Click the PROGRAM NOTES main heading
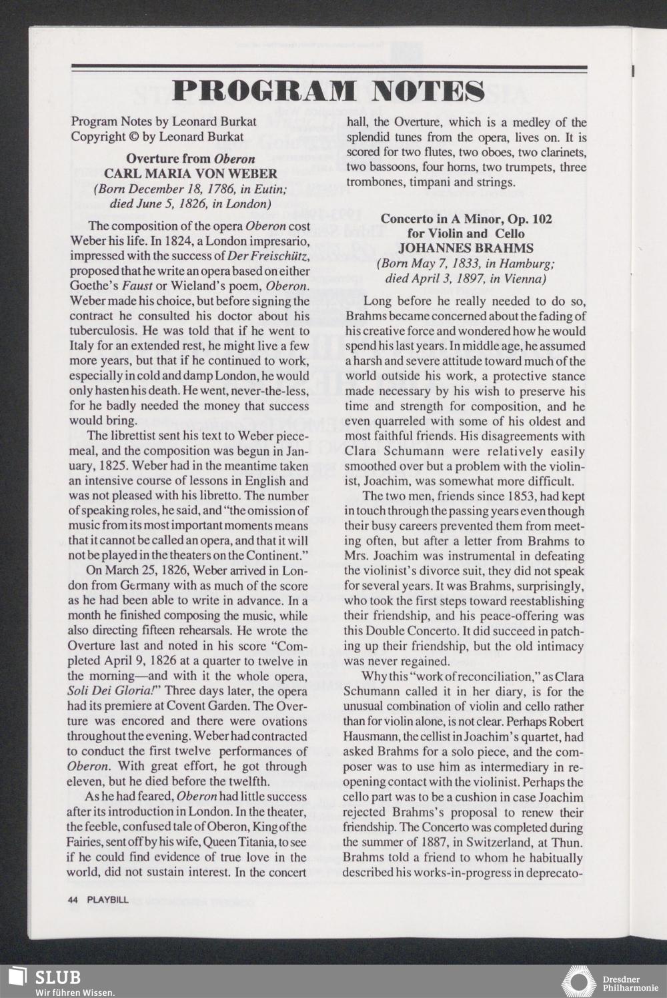[x=328, y=91]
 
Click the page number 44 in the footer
[x=73, y=900]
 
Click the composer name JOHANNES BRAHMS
[x=466, y=248]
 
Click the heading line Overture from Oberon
[x=190, y=159]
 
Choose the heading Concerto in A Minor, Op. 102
[x=466, y=219]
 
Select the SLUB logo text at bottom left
[x=57, y=977]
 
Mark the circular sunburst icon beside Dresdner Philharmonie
[x=578, y=982]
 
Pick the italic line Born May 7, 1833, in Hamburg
[x=466, y=263]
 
